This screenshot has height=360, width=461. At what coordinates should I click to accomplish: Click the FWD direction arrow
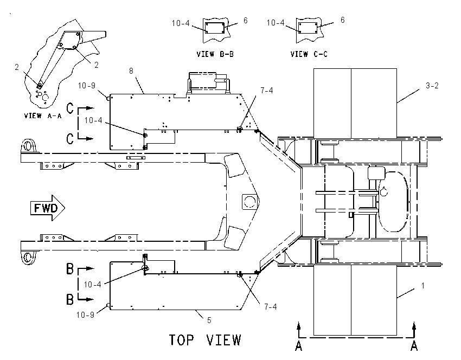[48, 208]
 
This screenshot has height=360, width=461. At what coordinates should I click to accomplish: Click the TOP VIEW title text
[205, 340]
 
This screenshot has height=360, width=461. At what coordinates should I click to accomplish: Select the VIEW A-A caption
[43, 116]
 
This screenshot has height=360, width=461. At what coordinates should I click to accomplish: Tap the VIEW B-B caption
[215, 54]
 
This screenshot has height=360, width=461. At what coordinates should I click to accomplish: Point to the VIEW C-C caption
[309, 54]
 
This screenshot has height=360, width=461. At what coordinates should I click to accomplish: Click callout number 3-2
[432, 86]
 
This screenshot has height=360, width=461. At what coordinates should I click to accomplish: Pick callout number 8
[131, 71]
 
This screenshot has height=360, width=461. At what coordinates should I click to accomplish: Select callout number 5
[209, 320]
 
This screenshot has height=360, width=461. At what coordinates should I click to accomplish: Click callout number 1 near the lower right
[423, 285]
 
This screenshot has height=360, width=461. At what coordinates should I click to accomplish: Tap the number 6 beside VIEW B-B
[246, 20]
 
